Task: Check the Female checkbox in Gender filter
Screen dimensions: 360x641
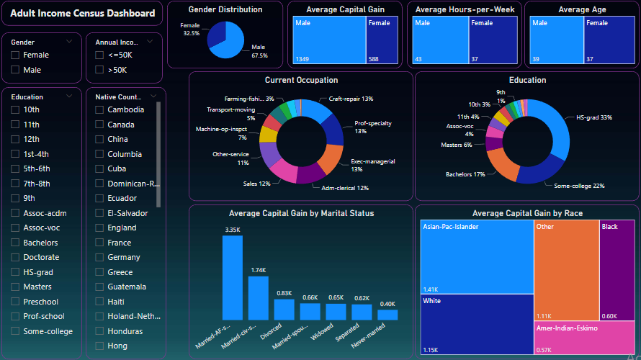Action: coord(16,55)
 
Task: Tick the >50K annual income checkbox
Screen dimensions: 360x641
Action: coord(99,70)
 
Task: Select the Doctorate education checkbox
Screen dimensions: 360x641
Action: coord(16,258)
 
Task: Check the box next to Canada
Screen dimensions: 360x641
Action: coord(99,125)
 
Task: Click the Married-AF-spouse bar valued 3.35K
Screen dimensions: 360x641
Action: coord(232,277)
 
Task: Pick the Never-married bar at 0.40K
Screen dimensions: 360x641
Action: coord(387,315)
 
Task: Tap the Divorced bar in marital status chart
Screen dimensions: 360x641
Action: coord(284,310)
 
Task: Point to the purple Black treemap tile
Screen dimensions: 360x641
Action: coord(617,270)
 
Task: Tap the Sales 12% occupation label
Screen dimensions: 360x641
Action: coord(256,184)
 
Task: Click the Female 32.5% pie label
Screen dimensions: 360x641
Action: coord(190,30)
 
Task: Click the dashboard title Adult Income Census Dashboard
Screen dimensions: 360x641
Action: coord(82,14)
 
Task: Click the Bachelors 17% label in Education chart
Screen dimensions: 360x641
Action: coord(465,175)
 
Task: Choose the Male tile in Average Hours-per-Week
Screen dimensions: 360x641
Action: coord(440,40)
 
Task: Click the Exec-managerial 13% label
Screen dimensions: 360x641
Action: coord(372,165)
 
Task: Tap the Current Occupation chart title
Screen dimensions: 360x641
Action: coord(301,80)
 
